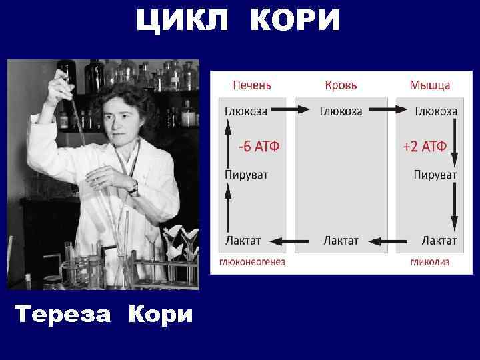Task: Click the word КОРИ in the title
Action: tap(295, 21)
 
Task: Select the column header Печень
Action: tap(251, 85)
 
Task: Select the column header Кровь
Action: tap(341, 85)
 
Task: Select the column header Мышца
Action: tap(429, 85)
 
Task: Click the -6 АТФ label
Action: tap(255, 147)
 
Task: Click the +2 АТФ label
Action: tap(425, 147)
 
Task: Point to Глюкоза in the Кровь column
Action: tap(341, 111)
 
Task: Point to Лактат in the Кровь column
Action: tap(341, 240)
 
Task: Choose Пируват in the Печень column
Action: tap(246, 175)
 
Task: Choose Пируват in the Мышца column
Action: tap(435, 175)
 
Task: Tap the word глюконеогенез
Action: tap(252, 262)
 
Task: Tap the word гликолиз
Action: tap(429, 262)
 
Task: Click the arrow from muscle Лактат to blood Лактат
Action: tap(391, 239)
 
